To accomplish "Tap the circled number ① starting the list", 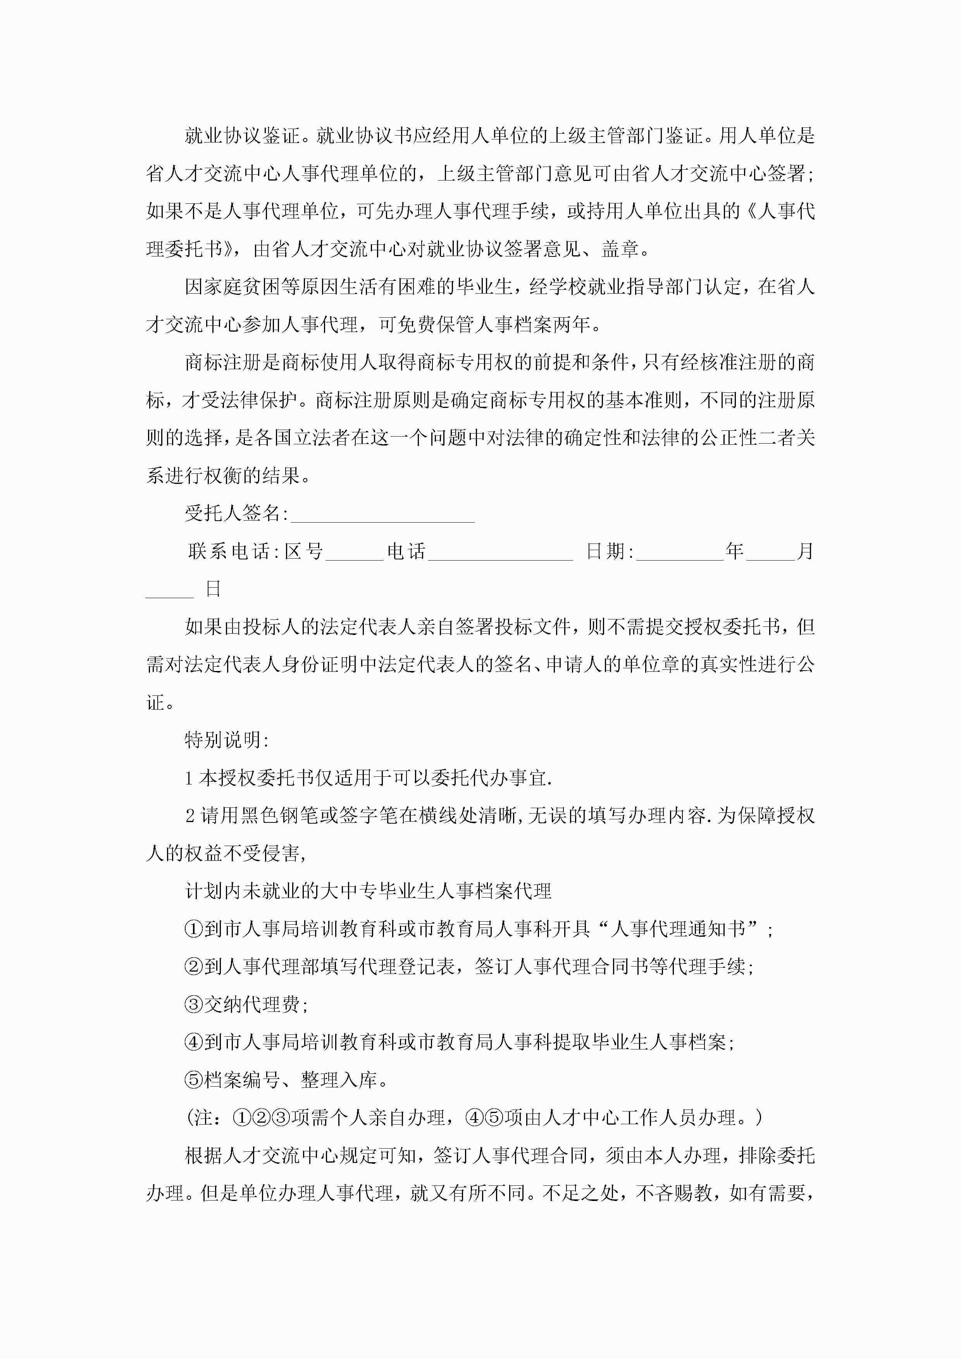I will tap(194, 929).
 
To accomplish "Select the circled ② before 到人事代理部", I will tap(194, 967).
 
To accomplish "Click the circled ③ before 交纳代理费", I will tap(194, 1005).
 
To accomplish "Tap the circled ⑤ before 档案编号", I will tap(194, 1080).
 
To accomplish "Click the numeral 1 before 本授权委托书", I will tap(189, 778).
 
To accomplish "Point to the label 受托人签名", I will tap(233, 513).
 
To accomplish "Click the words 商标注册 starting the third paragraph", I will tap(223, 362).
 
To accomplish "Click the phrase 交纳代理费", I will tap(251, 1005).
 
